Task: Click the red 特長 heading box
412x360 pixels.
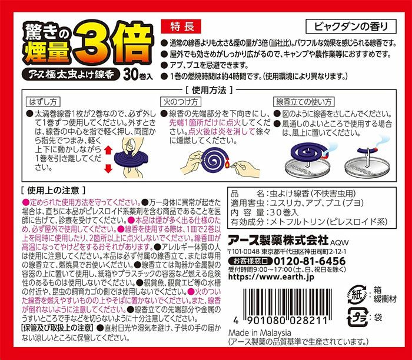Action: tap(181, 26)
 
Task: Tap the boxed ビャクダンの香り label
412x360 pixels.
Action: tap(351, 26)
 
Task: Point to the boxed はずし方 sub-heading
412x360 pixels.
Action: tap(43, 102)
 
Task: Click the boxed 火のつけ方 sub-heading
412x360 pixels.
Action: tap(181, 102)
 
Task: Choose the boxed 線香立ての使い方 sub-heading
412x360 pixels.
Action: tap(304, 102)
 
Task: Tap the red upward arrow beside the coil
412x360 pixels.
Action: tap(108, 150)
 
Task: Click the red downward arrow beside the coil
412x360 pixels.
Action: tap(108, 168)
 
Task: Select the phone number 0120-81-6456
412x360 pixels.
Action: tap(310, 261)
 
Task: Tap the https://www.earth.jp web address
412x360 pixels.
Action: tap(271, 276)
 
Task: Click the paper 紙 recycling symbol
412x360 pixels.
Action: tap(357, 295)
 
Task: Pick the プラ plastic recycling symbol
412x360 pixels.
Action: tap(357, 318)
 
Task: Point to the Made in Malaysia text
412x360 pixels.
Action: tap(260, 333)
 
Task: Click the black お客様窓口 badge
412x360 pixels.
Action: tap(250, 261)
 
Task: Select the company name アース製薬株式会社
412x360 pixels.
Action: tap(278, 240)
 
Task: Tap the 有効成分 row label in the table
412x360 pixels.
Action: tap(247, 222)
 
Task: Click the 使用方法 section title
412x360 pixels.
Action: tap(209, 91)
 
